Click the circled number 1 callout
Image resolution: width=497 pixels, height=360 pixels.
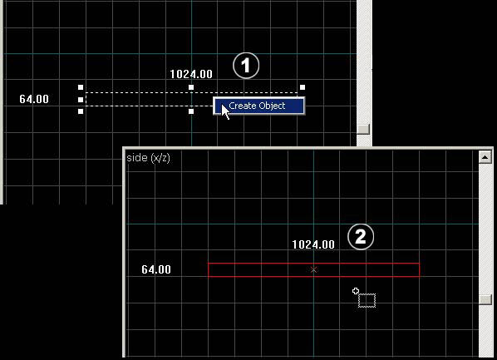tap(246, 66)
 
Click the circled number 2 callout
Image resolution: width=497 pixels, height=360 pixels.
tap(361, 237)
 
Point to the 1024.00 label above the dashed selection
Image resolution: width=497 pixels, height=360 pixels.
tap(191, 74)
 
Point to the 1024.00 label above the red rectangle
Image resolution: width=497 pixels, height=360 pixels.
tap(313, 244)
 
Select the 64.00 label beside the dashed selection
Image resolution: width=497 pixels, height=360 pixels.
tap(34, 99)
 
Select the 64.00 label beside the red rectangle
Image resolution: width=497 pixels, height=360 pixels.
tap(156, 269)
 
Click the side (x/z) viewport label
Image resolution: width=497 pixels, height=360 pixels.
tap(148, 158)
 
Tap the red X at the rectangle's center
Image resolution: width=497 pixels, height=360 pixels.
tap(313, 269)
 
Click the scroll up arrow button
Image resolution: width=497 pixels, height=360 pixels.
tap(485, 157)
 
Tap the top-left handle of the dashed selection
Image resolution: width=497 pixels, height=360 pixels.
tap(81, 87)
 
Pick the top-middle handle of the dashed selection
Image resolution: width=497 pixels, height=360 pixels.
tap(191, 87)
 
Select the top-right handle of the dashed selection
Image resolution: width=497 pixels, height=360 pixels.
tap(303, 87)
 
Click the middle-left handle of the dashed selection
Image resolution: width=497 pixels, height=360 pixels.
tap(81, 100)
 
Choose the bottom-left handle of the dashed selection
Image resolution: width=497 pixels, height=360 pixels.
tap(81, 111)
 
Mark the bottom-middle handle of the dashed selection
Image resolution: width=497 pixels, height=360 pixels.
tap(191, 111)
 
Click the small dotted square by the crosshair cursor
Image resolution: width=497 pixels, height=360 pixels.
tap(367, 300)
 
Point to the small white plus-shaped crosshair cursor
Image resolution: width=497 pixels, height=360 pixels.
tap(356, 291)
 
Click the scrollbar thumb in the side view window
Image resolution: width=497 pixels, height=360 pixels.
tap(485, 300)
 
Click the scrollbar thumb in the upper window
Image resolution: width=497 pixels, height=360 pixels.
tap(363, 129)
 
